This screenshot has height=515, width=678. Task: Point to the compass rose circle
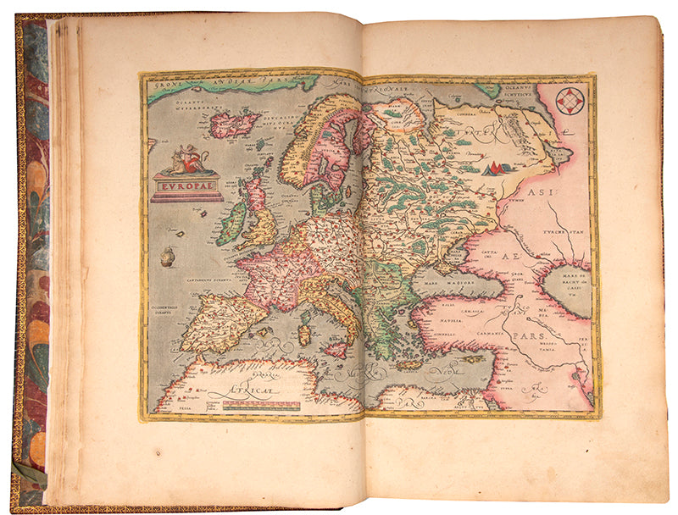pyautogui.click(x=570, y=101)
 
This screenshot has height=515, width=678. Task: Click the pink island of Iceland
pyautogui.click(x=234, y=125)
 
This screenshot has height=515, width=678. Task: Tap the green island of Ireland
pyautogui.click(x=231, y=223)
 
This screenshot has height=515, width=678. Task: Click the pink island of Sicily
pyautogui.click(x=336, y=348)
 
